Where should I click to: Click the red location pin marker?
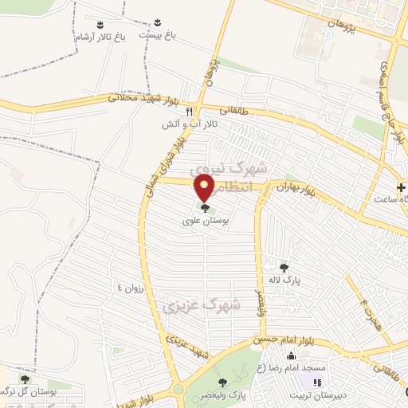point(206,188)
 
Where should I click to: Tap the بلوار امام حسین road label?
point(283,339)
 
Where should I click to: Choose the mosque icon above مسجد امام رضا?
point(292,356)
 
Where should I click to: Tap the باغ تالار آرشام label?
point(99,37)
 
